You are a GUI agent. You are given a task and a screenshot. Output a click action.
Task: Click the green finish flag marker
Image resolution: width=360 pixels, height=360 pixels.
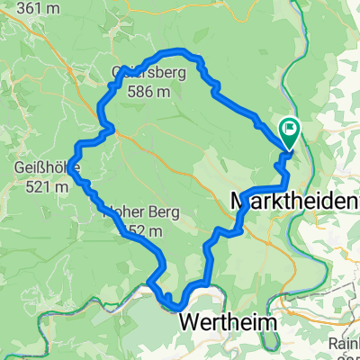click(290, 132)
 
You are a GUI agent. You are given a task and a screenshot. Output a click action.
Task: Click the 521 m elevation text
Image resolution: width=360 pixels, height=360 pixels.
click(40, 187)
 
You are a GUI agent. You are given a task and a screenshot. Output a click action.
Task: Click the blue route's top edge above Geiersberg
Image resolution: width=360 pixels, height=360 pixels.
click(171, 50)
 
